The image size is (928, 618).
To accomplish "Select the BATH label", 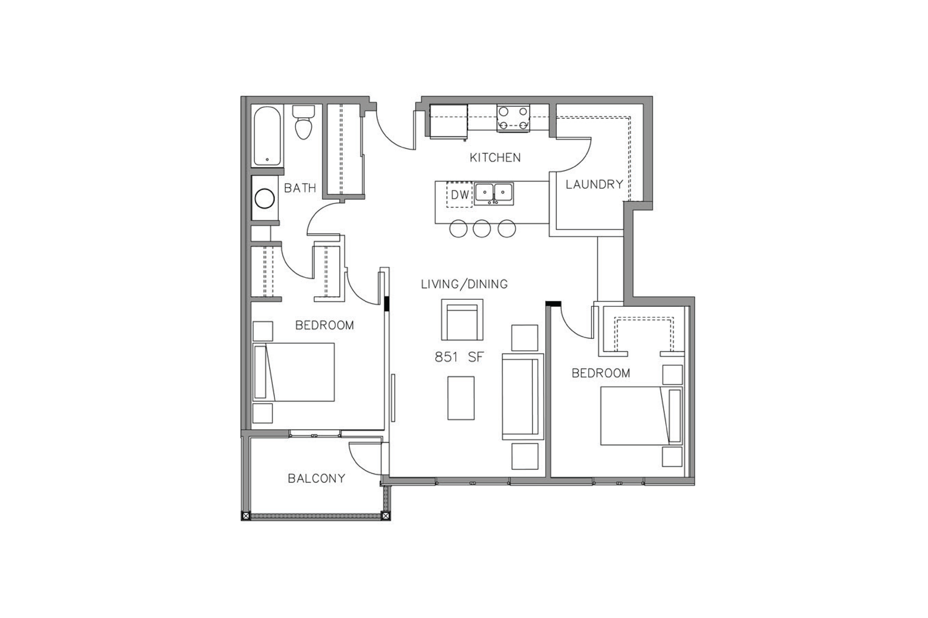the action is tap(300, 188).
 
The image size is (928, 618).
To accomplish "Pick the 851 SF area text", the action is tap(459, 357).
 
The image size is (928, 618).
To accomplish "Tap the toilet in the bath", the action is tap(303, 122).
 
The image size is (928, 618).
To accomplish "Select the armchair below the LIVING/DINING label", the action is tap(462, 320).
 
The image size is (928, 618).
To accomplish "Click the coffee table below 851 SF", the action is tap(461, 398).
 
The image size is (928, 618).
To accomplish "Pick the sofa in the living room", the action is tap(523, 396).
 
